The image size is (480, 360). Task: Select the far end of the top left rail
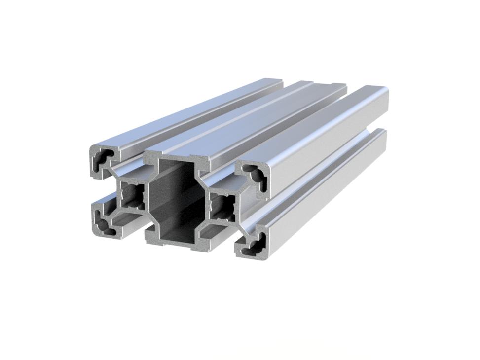[274, 82]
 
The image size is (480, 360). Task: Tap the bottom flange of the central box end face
[177, 242]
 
